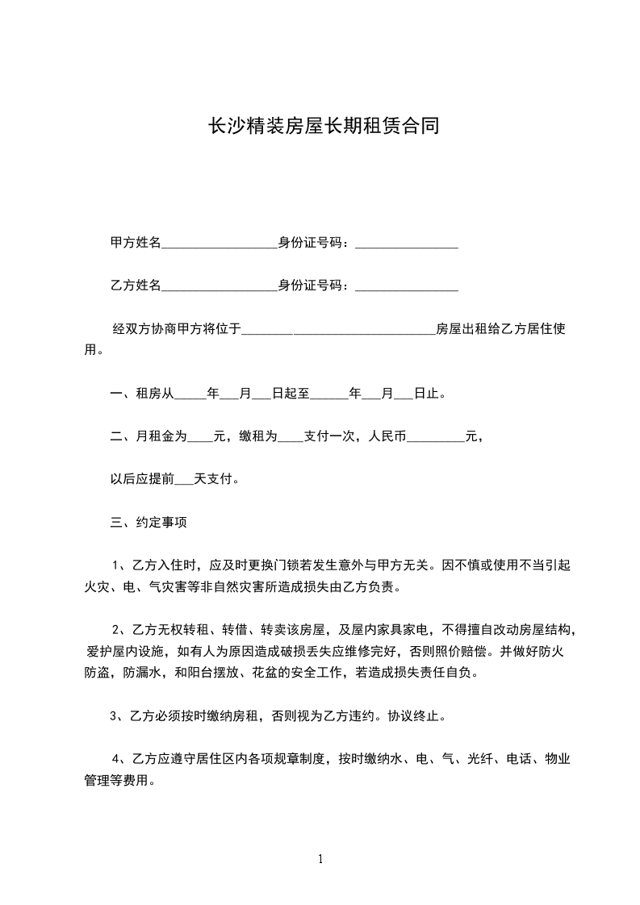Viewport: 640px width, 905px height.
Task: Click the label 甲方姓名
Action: coord(136,243)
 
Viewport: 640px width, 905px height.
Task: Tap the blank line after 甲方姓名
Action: coord(220,244)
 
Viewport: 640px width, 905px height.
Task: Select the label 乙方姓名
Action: coord(136,286)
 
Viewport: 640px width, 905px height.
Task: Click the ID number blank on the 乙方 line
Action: coord(407,287)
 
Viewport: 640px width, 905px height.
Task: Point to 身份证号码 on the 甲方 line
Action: coord(310,243)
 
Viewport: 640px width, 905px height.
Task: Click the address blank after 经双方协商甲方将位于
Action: coord(339,331)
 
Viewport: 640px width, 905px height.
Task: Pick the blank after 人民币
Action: coord(436,440)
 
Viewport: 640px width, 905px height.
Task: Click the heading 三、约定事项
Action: coord(148,523)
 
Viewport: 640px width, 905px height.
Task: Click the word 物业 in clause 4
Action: coord(558,758)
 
